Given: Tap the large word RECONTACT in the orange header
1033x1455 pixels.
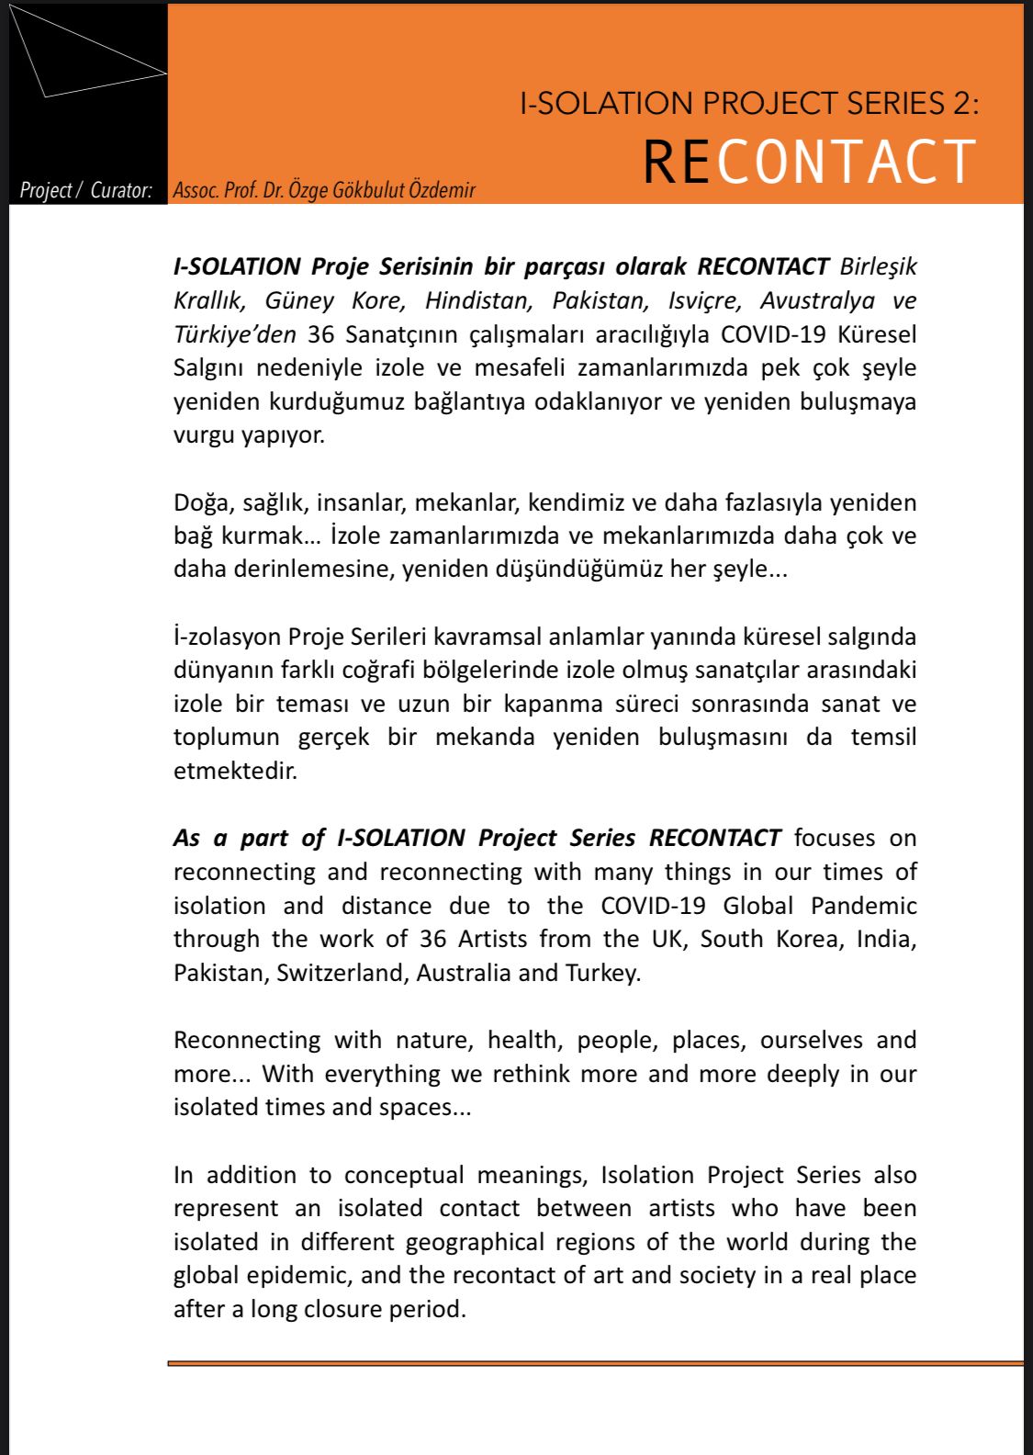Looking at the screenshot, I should click(809, 162).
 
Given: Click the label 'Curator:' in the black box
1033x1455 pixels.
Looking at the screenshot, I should click(121, 190).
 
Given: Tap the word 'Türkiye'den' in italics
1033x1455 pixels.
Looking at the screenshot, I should click(235, 334).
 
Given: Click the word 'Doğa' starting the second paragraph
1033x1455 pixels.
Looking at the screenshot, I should click(202, 502).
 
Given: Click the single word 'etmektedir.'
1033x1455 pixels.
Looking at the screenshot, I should click(236, 771).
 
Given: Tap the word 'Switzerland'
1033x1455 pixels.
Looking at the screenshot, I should click(341, 973).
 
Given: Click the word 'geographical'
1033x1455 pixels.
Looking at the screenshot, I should click(476, 1242).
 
